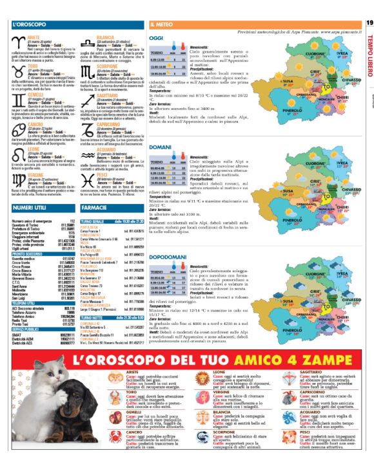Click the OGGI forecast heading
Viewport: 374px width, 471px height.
[x=157, y=38]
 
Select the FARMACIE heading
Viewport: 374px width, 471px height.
[x=95, y=190]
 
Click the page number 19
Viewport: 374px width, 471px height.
[x=369, y=23]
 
